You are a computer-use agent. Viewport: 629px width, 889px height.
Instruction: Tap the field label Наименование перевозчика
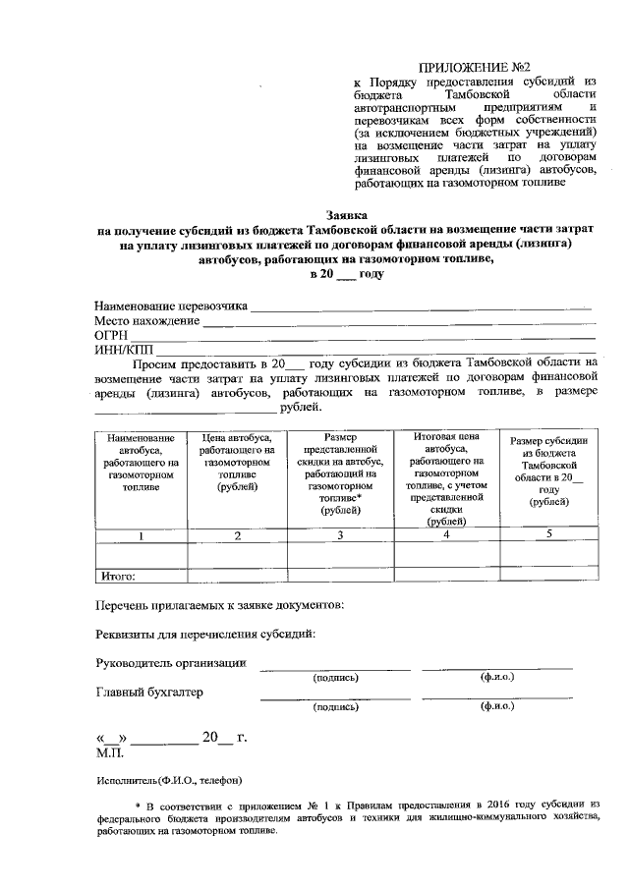coord(171,306)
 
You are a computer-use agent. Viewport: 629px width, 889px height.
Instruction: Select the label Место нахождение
coord(146,321)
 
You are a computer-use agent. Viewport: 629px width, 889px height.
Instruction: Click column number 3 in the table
coord(339,535)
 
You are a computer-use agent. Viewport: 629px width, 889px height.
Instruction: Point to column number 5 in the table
coord(549,533)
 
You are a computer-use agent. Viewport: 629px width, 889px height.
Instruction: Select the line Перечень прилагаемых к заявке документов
coord(219,605)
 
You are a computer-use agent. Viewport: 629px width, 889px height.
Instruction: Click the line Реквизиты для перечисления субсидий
coord(205,634)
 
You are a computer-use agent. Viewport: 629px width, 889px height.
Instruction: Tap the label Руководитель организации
coord(170,663)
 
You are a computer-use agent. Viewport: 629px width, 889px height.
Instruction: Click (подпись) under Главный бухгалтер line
coord(335,706)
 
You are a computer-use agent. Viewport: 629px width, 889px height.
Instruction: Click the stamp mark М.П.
coord(108,752)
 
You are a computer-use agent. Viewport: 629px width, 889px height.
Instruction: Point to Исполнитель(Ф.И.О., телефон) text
coord(168,781)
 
